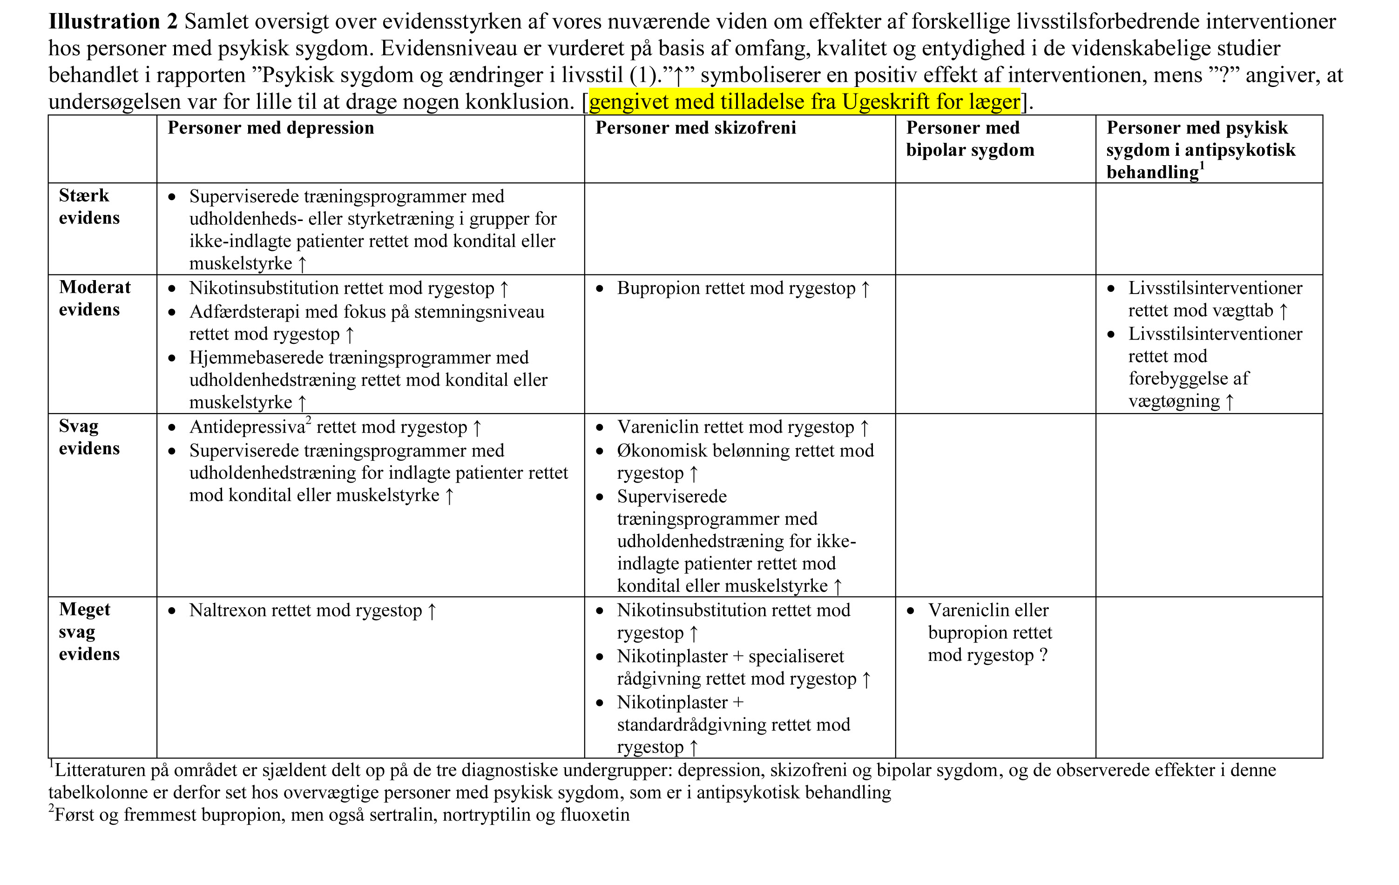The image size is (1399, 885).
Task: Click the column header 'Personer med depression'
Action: [x=271, y=128]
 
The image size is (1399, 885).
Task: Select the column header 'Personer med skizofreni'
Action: [x=696, y=128]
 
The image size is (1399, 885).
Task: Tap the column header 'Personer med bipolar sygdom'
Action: [x=970, y=139]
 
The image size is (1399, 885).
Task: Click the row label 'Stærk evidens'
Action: [x=89, y=207]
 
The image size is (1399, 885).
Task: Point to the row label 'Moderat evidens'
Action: [x=94, y=298]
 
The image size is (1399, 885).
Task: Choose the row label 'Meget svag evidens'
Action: [x=89, y=632]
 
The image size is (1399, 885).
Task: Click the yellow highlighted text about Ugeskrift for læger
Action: [x=804, y=101]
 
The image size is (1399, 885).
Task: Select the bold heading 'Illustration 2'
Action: [x=113, y=21]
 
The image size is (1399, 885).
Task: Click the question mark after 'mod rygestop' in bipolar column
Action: [x=1043, y=655]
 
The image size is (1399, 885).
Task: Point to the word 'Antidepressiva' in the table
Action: [x=247, y=428]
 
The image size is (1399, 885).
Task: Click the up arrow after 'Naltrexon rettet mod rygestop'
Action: [x=432, y=611]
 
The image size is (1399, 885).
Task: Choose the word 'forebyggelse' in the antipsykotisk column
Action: [x=1189, y=379]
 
